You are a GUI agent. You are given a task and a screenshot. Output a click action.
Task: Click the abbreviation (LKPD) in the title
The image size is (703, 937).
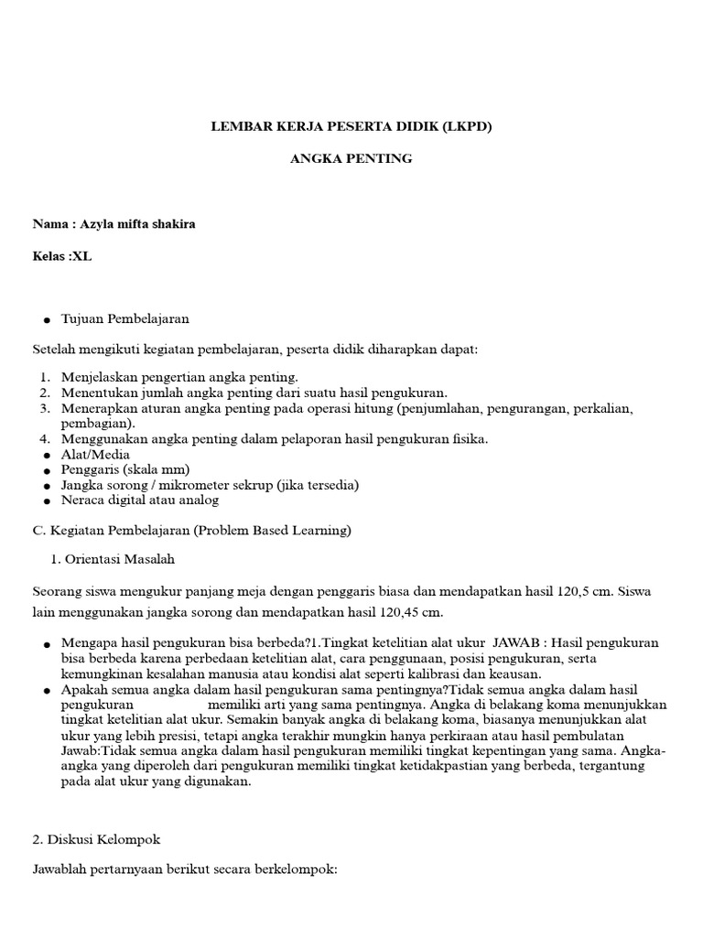click(467, 127)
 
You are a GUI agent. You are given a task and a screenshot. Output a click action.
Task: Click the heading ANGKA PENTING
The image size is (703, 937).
click(351, 158)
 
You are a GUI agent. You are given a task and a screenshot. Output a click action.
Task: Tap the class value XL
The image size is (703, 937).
click(82, 256)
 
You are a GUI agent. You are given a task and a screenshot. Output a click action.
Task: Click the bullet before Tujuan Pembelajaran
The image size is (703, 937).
click(46, 320)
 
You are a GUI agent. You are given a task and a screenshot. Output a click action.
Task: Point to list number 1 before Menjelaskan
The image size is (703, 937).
click(44, 377)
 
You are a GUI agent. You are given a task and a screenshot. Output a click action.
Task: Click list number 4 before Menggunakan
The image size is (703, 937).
click(44, 439)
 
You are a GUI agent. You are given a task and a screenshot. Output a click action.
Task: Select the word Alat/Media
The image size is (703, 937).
click(95, 455)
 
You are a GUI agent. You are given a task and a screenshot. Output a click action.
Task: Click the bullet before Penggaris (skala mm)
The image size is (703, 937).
click(46, 470)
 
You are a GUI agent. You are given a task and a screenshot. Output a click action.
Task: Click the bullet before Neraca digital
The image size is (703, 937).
click(46, 501)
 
